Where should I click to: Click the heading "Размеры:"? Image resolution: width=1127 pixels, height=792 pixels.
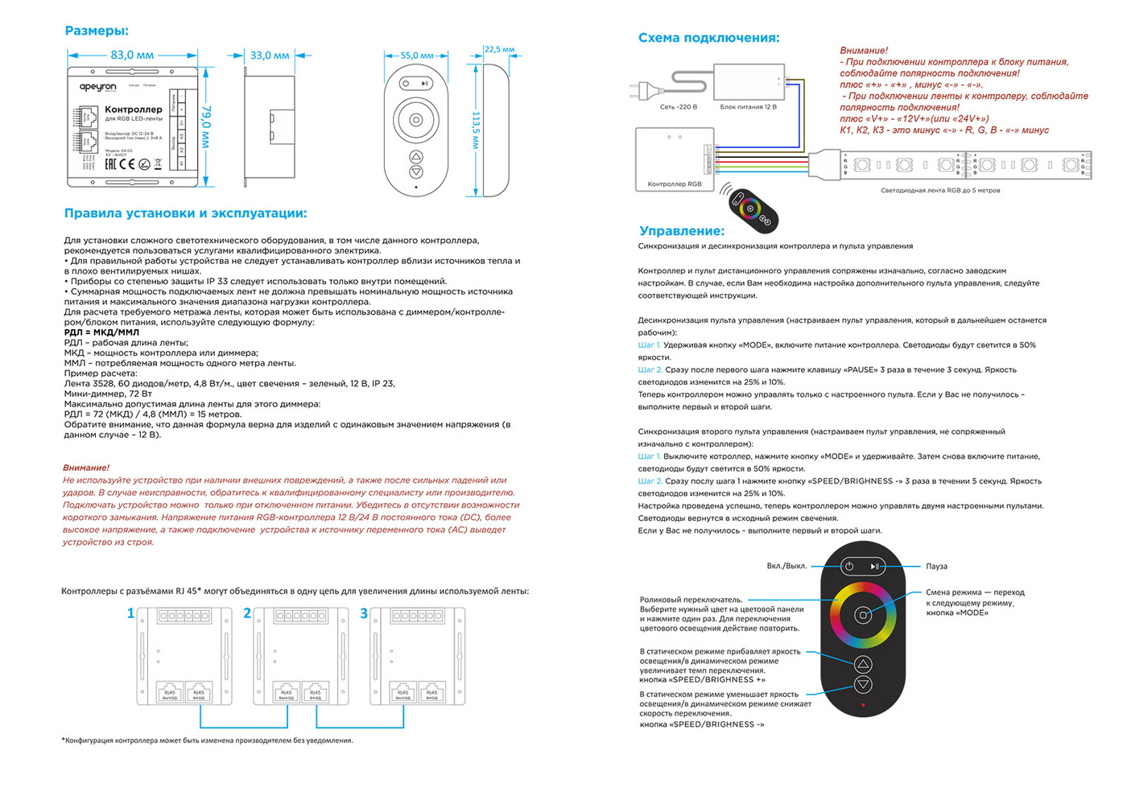[97, 31]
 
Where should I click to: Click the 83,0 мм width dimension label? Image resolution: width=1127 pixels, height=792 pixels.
[132, 56]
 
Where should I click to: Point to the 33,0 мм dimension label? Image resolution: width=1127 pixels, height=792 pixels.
[270, 56]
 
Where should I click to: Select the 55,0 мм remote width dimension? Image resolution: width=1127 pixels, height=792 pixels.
[417, 56]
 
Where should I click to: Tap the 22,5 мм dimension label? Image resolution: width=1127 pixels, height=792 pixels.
[499, 49]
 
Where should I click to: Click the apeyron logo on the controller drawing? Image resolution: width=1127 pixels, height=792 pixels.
[97, 87]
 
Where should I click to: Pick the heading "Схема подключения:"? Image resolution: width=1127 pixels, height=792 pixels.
[708, 38]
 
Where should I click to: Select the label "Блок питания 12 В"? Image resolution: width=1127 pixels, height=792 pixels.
[748, 107]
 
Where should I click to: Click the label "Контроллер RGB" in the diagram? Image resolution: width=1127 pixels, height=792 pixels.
[674, 184]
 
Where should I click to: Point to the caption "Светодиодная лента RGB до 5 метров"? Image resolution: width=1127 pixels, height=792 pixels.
[939, 191]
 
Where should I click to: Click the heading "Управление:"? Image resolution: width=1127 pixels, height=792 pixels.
[682, 231]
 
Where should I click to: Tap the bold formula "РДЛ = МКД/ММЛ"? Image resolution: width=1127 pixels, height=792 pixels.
[101, 332]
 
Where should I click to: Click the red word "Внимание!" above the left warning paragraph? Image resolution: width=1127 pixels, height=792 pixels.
[86, 468]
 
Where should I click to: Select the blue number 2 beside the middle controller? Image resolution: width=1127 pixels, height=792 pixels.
[247, 613]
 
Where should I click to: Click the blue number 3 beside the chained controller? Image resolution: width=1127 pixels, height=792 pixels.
[364, 613]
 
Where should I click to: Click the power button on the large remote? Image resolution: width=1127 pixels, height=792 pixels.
[848, 567]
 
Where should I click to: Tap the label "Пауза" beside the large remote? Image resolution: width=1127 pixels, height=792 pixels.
[936, 567]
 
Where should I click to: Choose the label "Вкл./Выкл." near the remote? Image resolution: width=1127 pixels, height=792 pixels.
[786, 566]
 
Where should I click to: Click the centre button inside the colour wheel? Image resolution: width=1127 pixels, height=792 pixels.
[862, 615]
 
